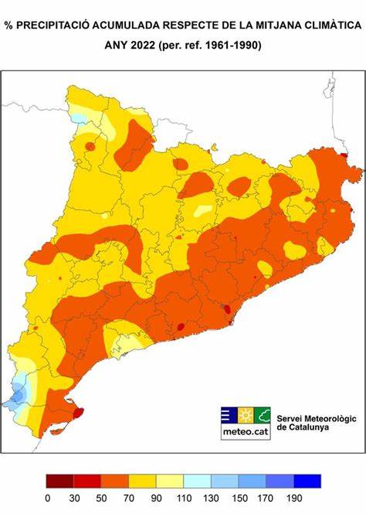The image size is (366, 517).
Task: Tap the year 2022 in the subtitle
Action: click(x=140, y=46)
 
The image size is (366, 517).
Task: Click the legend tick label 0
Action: click(x=47, y=498)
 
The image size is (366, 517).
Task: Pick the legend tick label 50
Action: click(x=101, y=498)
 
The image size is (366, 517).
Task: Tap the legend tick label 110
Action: click(x=184, y=498)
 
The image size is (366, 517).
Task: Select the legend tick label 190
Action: click(x=293, y=498)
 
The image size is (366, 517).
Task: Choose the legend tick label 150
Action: click(x=239, y=498)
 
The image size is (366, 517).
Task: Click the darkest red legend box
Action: click(x=60, y=481)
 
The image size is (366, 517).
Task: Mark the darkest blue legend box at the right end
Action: click(x=307, y=481)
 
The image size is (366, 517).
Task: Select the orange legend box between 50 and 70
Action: click(x=115, y=481)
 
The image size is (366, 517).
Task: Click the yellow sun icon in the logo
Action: click(x=246, y=414)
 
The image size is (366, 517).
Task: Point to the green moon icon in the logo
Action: click(x=263, y=414)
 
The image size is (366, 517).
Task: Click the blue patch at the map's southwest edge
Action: click(x=17, y=394)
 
